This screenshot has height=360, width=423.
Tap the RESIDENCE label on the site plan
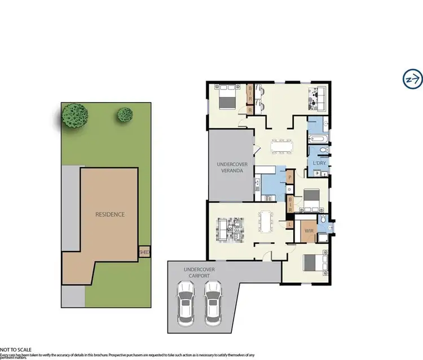coord(109,214)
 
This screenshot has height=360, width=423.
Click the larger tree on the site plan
coord(74,116)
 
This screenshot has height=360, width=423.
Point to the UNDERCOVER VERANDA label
coord(230,167)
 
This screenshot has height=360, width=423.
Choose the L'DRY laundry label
coord(319,164)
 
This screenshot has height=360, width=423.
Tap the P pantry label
coord(290,177)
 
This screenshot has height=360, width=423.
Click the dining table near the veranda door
coord(281,146)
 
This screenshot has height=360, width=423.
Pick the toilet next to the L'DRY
coord(322,150)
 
